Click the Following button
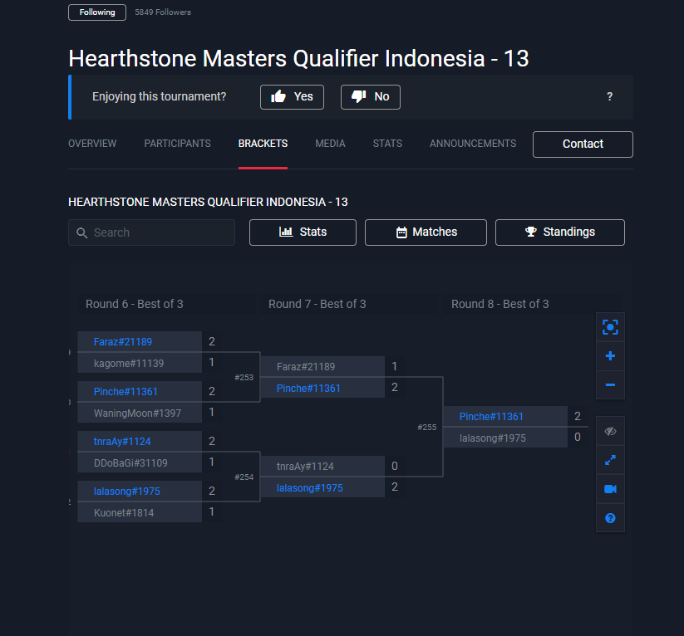tap(97, 12)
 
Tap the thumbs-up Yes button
tap(292, 97)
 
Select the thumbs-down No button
tap(371, 97)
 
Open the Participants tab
tap(177, 144)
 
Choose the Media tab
tap(330, 144)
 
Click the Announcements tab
tap(473, 144)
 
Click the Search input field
tap(152, 232)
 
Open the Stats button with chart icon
tap(303, 232)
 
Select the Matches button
tap(426, 232)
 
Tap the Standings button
tap(559, 232)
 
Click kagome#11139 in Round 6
tap(129, 364)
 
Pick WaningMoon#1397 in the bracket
tap(137, 413)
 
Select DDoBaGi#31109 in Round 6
tap(130, 463)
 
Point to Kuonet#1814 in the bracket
tap(124, 513)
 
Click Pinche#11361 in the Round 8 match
tap(491, 417)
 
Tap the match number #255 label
tap(426, 428)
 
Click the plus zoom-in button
tap(610, 356)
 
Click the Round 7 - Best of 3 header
tap(317, 304)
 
